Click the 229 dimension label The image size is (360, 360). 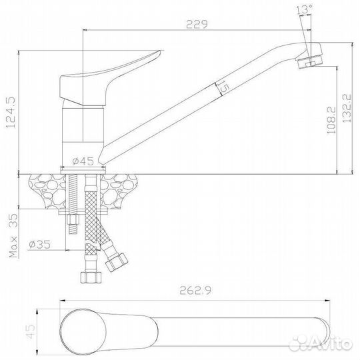coord(197,25)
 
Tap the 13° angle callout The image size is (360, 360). coord(304,9)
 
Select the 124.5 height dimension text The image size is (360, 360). coord(11,112)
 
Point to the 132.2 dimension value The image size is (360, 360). coord(347,108)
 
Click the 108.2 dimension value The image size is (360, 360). coord(331,120)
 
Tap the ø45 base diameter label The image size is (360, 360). coord(83,161)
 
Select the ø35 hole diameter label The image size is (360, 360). coord(39,245)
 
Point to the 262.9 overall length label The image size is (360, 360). coord(195,291)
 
